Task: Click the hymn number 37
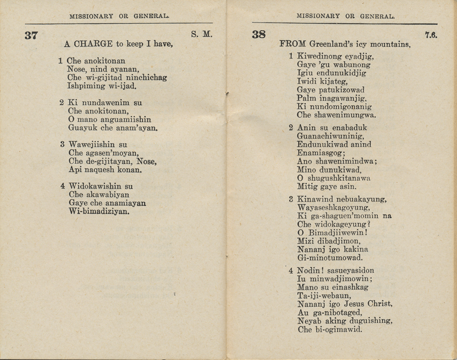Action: click(31, 36)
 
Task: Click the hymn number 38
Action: click(259, 35)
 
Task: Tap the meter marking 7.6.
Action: click(431, 35)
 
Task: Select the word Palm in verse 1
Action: click(307, 98)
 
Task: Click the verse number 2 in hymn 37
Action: click(61, 102)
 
